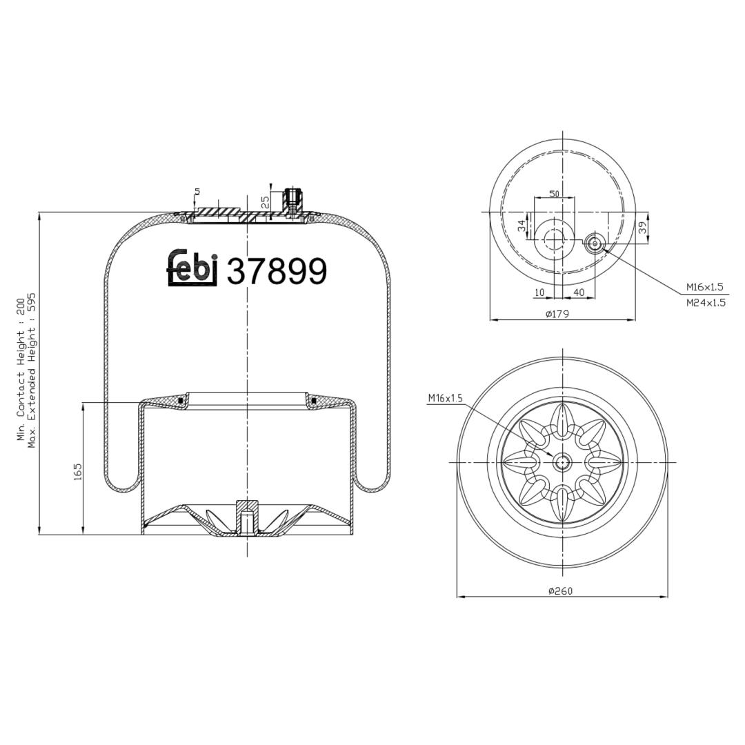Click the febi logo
click(192, 268)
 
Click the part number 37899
click(277, 271)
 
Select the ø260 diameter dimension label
click(561, 590)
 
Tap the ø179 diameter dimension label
click(558, 314)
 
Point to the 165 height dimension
click(78, 472)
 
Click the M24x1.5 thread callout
click(706, 303)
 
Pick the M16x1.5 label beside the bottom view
click(445, 398)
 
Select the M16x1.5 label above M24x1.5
click(704, 287)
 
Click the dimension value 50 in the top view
click(554, 193)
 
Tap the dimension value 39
click(642, 228)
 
